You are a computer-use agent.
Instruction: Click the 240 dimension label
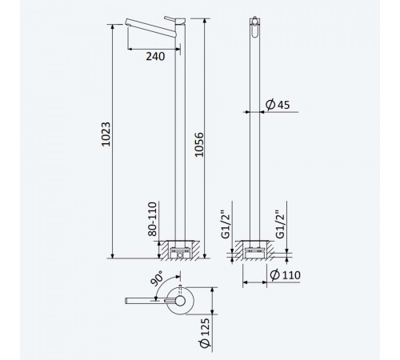155,57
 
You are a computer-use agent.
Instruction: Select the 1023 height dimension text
106,134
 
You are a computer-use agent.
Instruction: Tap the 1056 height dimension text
199,145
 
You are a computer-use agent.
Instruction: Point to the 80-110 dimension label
152,219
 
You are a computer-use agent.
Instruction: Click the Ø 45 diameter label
278,104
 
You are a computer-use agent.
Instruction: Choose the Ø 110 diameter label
285,275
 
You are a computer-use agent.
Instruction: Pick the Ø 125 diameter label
205,333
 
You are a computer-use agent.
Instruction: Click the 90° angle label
157,278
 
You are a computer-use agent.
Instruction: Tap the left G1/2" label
226,225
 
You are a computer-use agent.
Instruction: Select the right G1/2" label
281,225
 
